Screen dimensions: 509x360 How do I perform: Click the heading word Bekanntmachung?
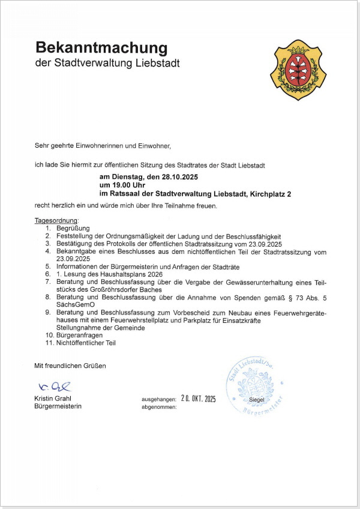click(x=101, y=47)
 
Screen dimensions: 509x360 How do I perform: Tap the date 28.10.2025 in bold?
click(x=175, y=178)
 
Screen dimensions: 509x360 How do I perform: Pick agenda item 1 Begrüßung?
click(x=73, y=229)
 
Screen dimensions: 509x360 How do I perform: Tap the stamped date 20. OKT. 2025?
click(x=193, y=398)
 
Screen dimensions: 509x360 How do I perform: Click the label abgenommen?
click(x=159, y=406)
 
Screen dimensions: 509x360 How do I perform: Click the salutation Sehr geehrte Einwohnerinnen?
click(x=78, y=145)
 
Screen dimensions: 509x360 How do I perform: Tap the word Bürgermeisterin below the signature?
click(x=58, y=406)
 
